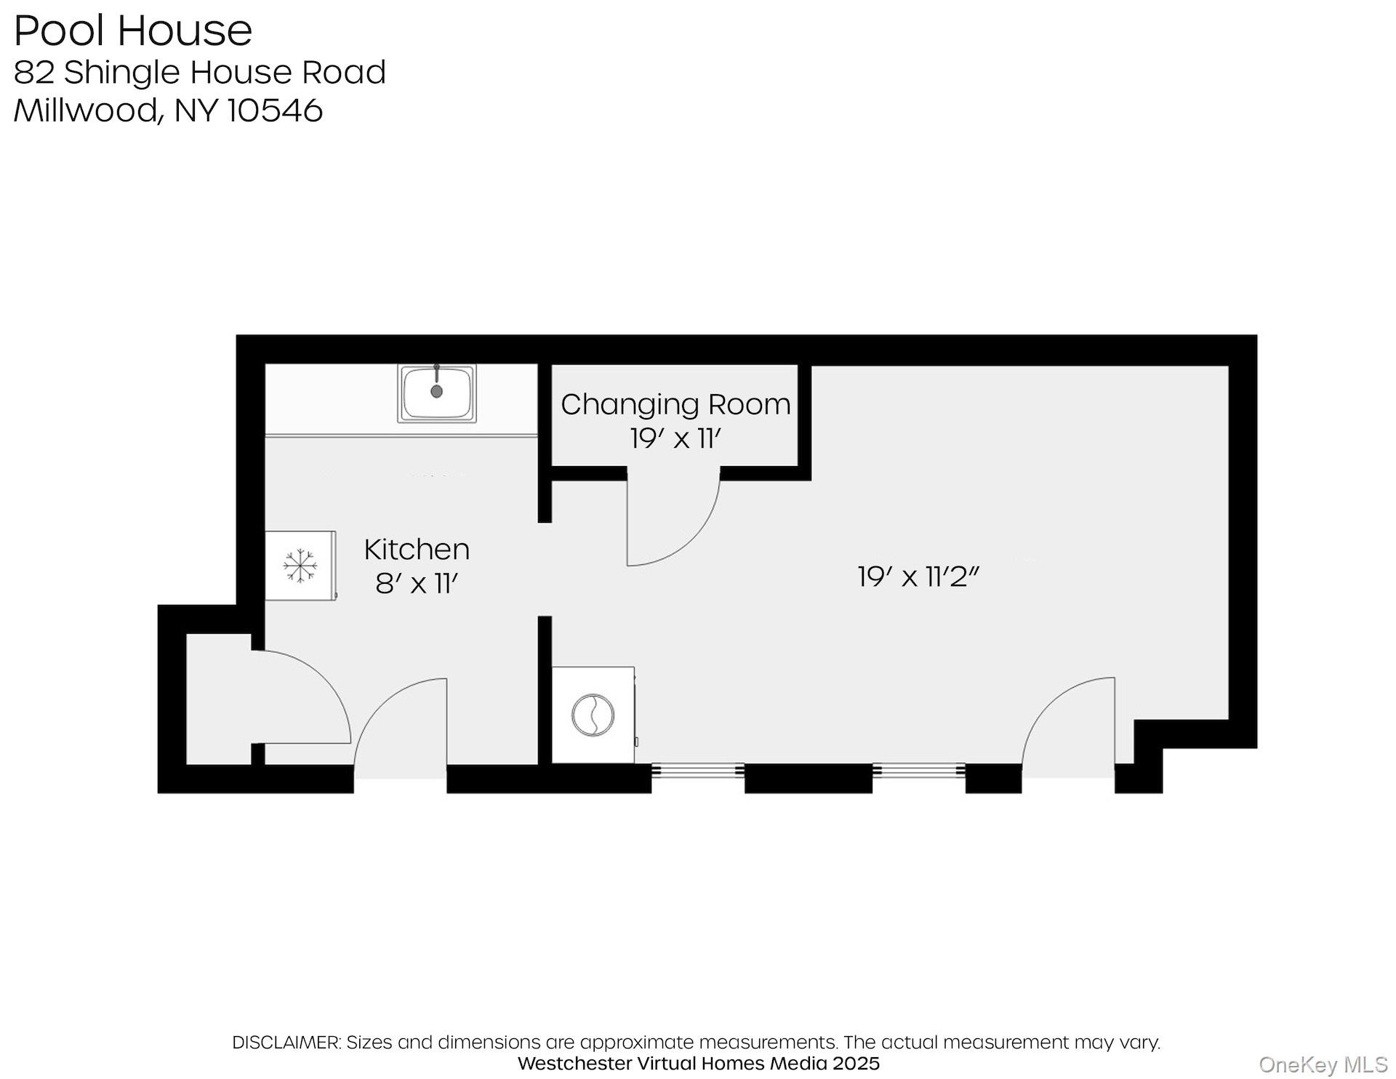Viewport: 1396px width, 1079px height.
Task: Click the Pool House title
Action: click(x=133, y=31)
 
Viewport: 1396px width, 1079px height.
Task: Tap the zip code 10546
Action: click(x=275, y=111)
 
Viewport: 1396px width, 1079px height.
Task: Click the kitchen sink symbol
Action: click(x=436, y=393)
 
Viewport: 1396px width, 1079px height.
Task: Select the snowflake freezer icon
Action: click(x=300, y=565)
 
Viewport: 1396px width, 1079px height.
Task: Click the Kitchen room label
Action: click(x=417, y=549)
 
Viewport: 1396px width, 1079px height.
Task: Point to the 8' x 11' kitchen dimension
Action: click(x=417, y=583)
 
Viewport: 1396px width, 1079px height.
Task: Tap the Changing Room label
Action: click(x=675, y=404)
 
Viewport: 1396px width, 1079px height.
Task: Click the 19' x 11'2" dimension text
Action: click(x=918, y=577)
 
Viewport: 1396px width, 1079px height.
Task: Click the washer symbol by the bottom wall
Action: click(x=593, y=715)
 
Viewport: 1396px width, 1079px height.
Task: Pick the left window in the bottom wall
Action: click(x=697, y=770)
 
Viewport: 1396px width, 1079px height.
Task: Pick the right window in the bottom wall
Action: click(x=918, y=770)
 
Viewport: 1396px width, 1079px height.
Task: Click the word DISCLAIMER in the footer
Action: click(x=286, y=1042)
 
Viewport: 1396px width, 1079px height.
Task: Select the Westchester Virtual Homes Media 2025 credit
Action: click(x=698, y=1063)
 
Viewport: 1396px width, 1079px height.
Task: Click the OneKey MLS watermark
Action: click(x=1323, y=1065)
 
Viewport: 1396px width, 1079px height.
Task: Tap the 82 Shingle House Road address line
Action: click(x=199, y=72)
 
